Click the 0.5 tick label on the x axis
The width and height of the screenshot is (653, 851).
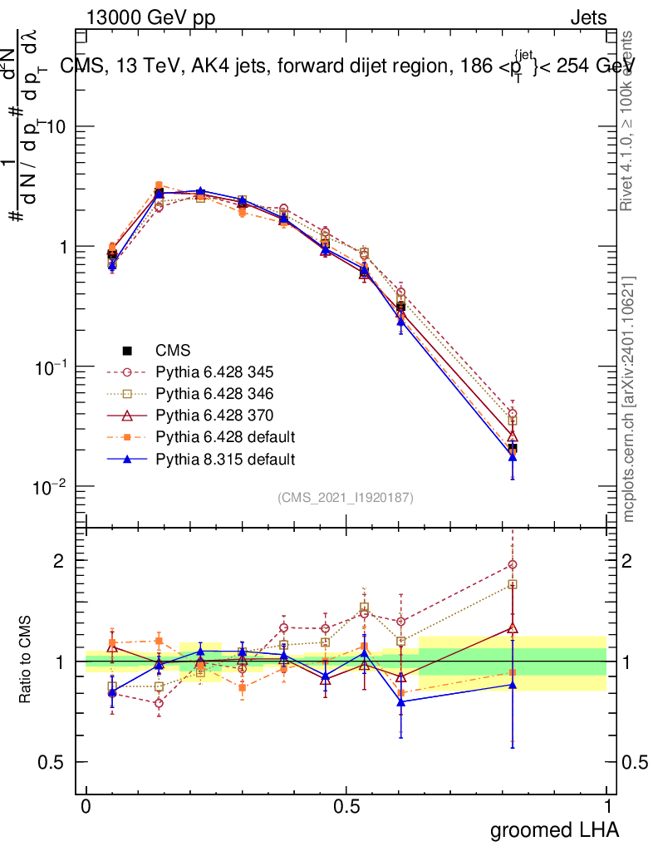(346, 807)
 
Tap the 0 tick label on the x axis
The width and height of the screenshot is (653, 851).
(86, 807)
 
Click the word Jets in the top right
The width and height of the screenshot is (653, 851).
(588, 17)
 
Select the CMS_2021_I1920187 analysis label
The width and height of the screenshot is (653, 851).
(346, 497)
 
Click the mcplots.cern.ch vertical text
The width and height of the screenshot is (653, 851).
(629, 399)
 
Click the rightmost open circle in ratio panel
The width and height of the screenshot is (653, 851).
(513, 564)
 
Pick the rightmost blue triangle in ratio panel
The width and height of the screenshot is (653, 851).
(513, 685)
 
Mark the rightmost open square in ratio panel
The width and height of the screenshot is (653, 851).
(513, 584)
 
